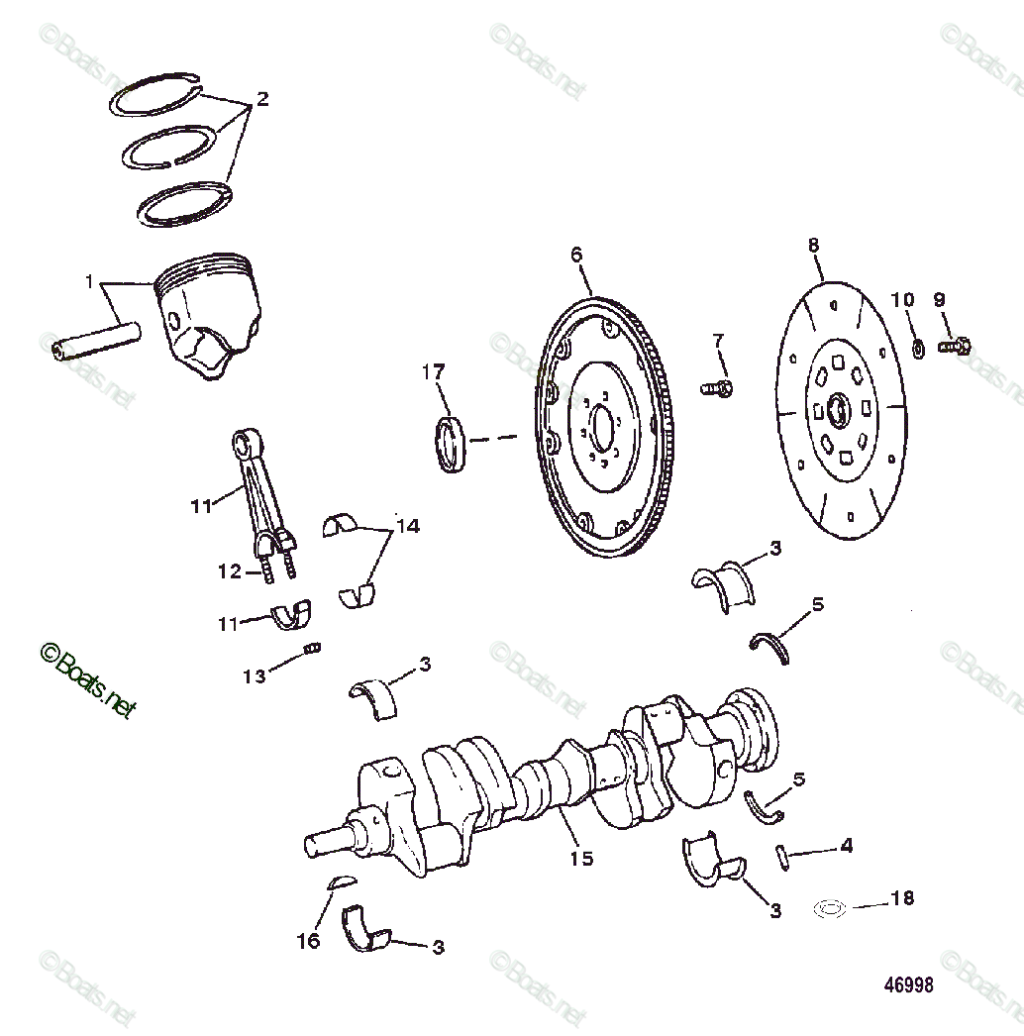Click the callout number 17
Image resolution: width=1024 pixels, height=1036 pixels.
click(433, 372)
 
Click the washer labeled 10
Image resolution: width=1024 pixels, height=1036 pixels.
click(918, 348)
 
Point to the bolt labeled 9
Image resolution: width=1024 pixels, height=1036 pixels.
click(955, 347)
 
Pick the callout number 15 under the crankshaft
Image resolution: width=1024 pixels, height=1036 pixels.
click(581, 858)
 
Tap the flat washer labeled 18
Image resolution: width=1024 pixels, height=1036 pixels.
click(828, 907)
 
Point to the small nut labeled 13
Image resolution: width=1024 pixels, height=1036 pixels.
click(310, 648)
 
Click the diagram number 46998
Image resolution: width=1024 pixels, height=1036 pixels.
click(909, 985)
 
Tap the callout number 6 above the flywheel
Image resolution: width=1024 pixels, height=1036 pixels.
click(576, 255)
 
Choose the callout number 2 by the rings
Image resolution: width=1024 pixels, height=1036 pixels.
click(261, 99)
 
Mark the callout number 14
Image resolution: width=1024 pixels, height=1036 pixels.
click(406, 526)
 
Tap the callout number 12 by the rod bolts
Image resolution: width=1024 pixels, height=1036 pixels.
click(230, 571)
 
